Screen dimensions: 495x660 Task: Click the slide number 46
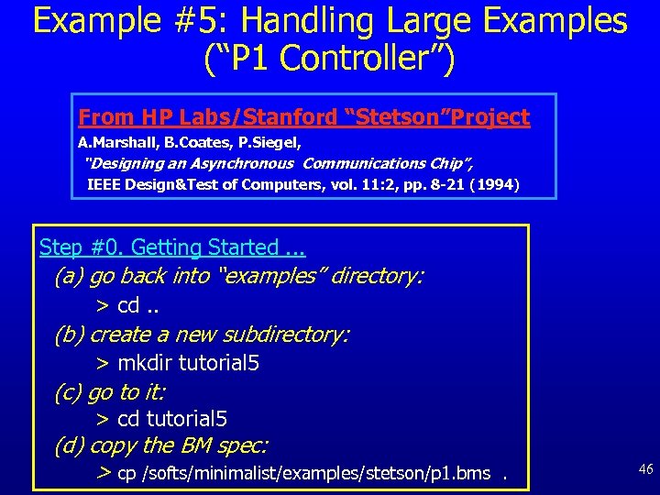coord(645,469)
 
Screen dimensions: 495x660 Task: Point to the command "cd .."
coord(141,305)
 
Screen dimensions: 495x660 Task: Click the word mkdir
coord(145,363)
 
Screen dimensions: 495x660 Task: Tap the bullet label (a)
coord(68,276)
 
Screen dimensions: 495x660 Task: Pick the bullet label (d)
coord(68,446)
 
